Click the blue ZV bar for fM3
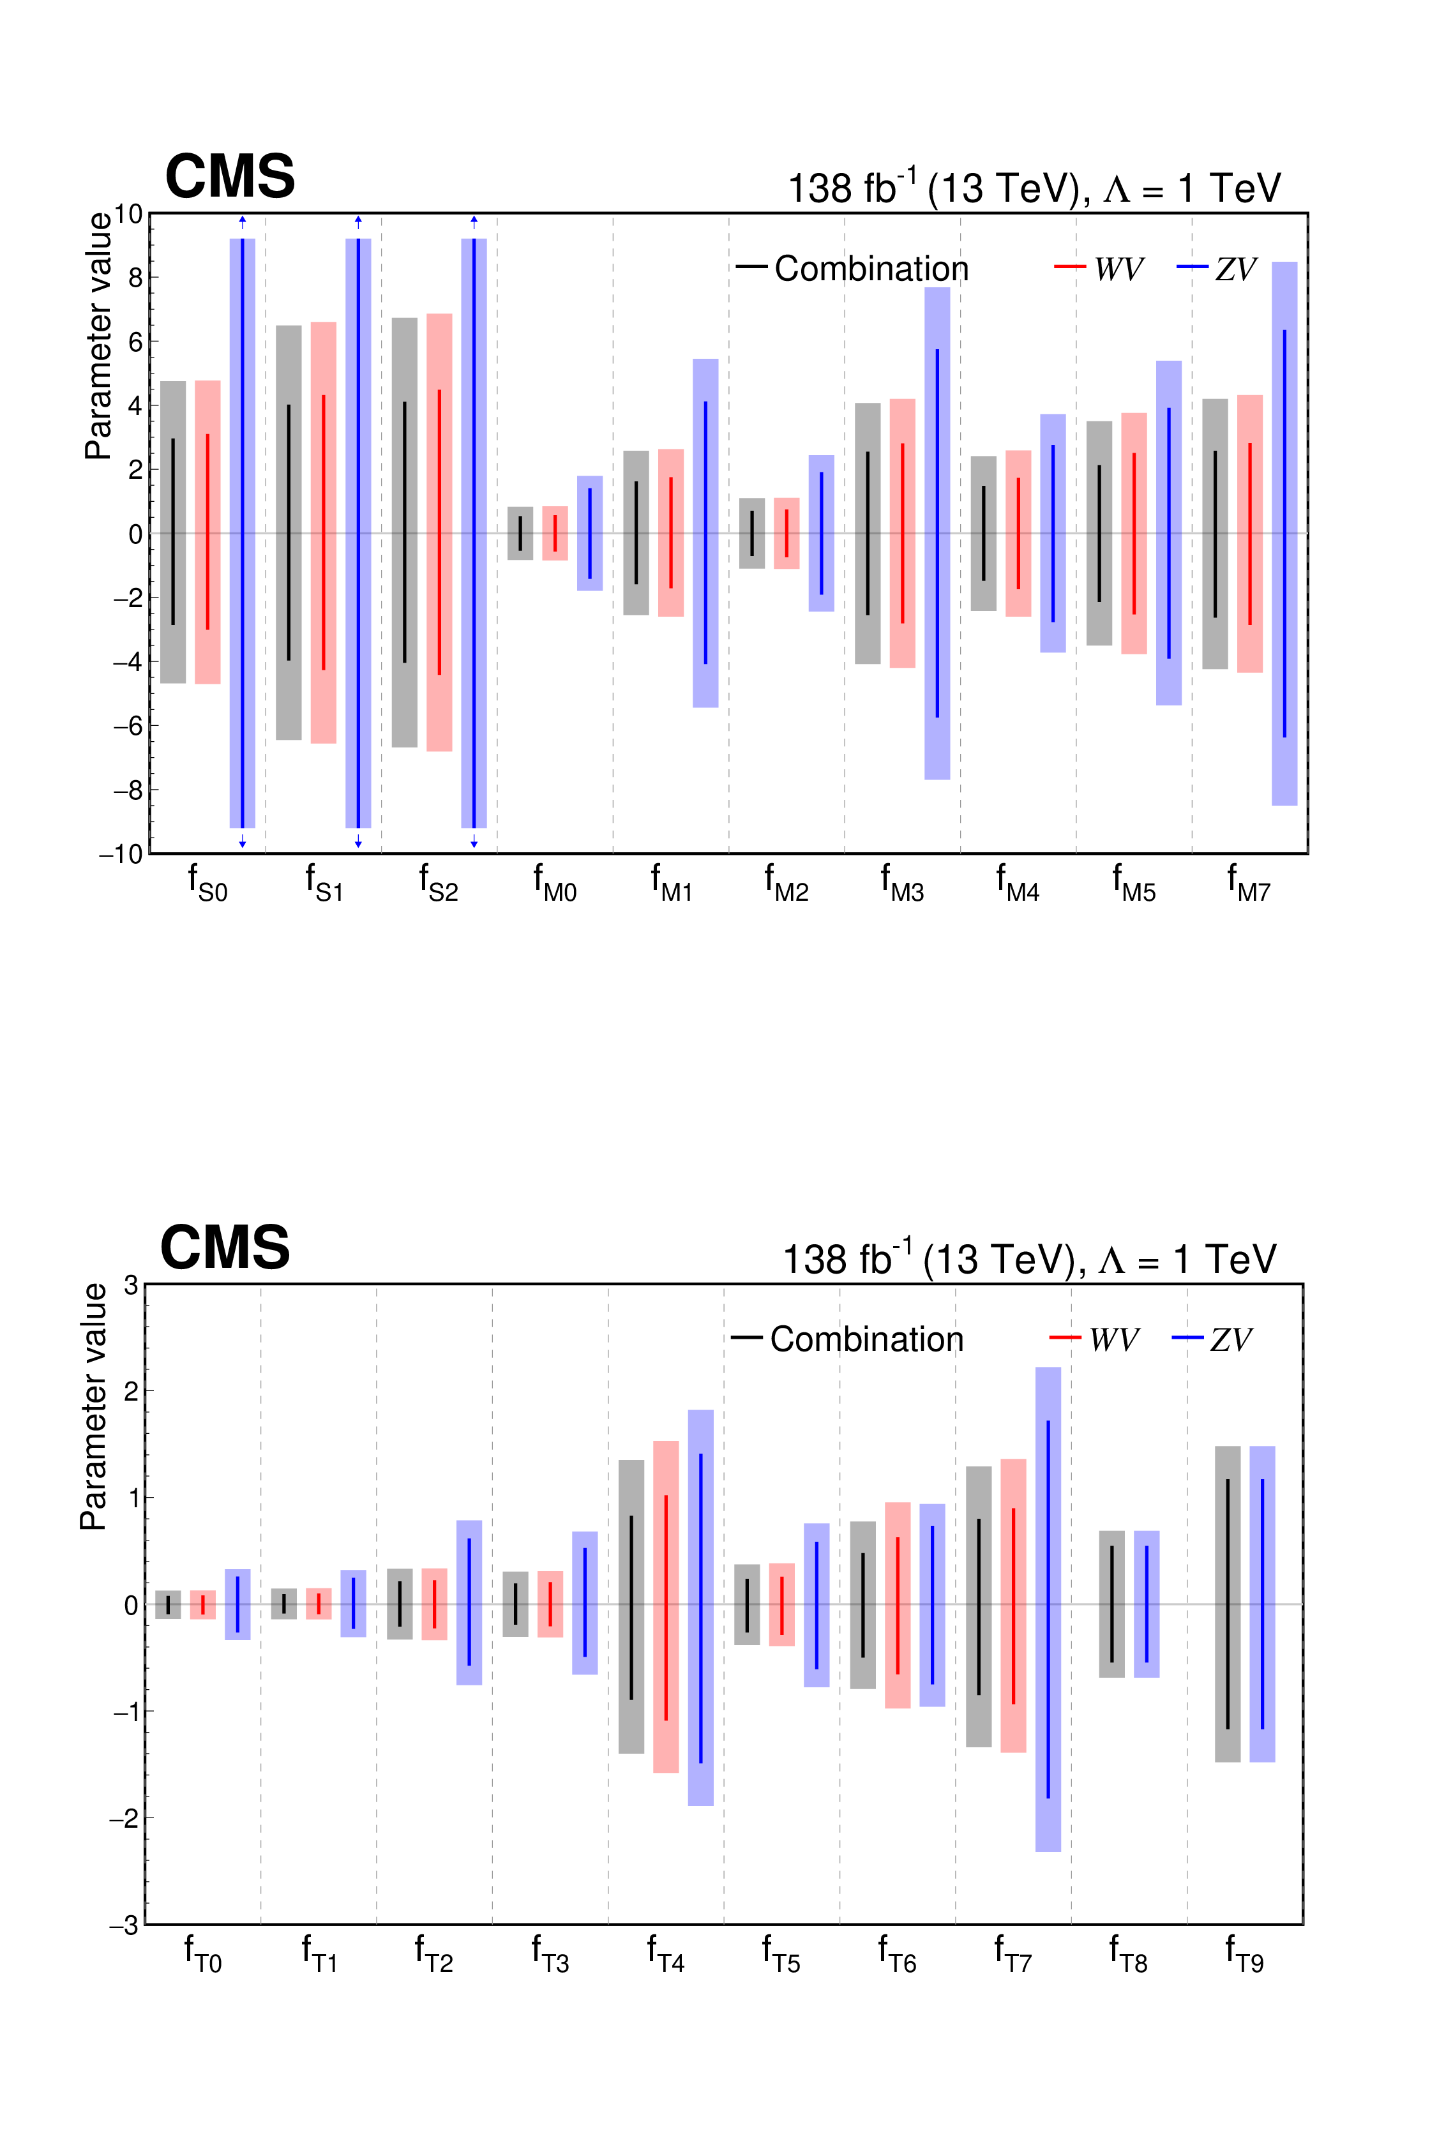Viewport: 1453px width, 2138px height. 937,534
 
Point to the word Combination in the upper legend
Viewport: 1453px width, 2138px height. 871,269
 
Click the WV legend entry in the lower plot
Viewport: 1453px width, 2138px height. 1113,1339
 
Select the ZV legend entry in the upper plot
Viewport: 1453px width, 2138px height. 1235,269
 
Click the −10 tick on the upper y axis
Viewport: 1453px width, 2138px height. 121,854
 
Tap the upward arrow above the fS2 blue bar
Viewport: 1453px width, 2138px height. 474,221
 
